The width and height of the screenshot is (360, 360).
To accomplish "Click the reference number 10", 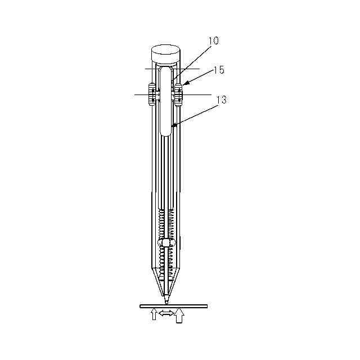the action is [214, 40].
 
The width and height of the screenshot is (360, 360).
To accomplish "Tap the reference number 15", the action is [219, 70].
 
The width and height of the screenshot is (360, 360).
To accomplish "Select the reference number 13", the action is [221, 100].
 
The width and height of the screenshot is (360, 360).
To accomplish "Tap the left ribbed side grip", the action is [152, 94].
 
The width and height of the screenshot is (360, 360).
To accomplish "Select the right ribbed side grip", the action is [178, 95].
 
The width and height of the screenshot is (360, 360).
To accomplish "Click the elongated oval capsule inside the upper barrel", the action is [166, 101].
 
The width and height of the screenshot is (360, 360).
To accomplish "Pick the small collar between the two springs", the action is [166, 242].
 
